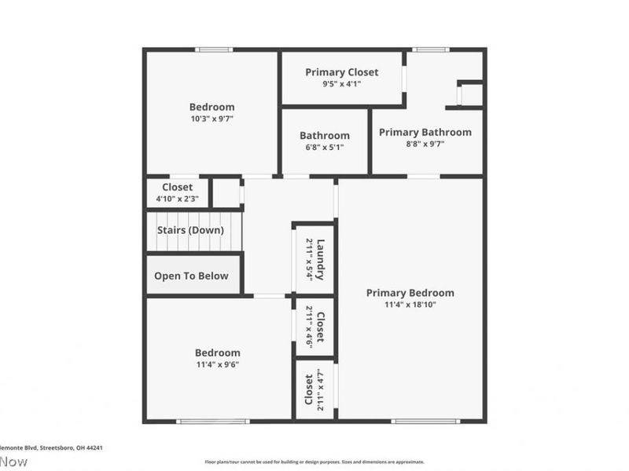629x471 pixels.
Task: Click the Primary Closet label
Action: [341, 72]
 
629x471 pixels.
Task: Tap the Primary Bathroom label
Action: [425, 132]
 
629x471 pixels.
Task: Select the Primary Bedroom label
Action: [410, 293]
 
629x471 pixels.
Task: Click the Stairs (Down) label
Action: [190, 230]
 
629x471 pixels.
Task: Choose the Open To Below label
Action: [191, 276]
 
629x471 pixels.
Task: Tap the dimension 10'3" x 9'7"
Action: [212, 119]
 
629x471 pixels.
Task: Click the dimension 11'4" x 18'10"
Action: [410, 305]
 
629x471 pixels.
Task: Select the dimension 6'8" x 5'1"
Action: [324, 148]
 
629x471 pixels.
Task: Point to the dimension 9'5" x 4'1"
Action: [341, 84]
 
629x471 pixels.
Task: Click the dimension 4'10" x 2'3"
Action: [177, 199]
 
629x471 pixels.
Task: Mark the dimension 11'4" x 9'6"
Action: [218, 365]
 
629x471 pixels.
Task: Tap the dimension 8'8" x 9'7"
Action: [425, 144]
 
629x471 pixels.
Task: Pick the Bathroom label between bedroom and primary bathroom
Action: [324, 136]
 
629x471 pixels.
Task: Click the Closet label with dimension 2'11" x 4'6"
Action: [320, 327]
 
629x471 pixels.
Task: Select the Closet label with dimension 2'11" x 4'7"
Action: [309, 390]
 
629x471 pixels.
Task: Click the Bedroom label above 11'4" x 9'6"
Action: [218, 353]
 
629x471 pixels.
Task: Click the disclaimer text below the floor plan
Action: [314, 462]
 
